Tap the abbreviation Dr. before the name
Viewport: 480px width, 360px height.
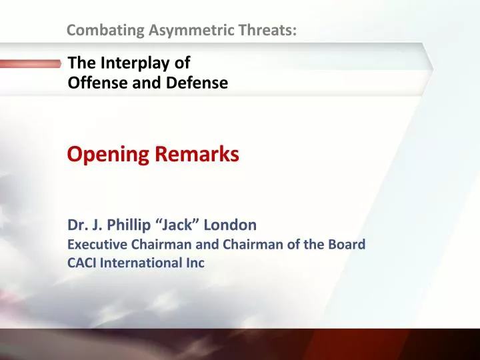(77, 225)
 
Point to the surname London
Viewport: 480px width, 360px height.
(233, 225)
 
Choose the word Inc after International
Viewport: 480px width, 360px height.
(195, 263)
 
